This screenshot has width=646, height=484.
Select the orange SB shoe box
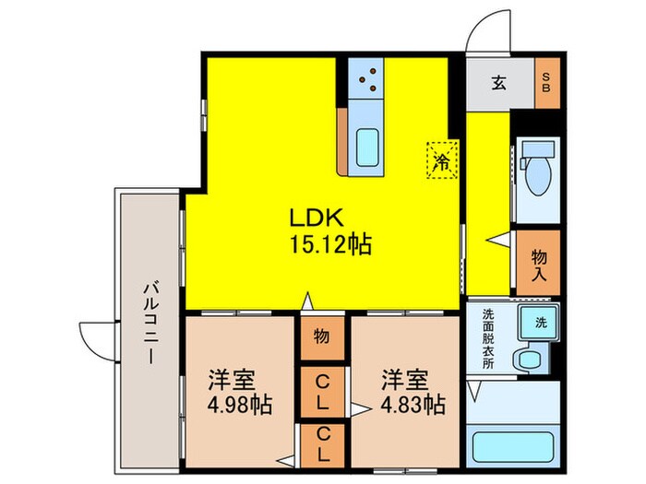pyautogui.click(x=545, y=84)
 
